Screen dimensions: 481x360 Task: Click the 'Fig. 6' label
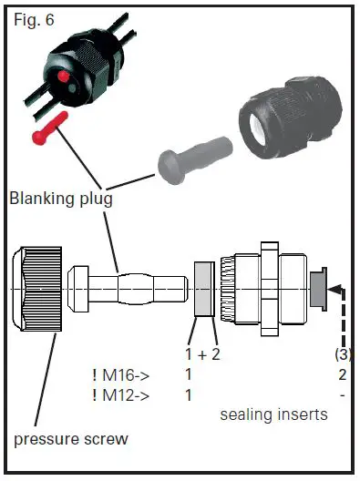[x=33, y=19]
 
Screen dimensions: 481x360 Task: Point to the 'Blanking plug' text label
[x=62, y=198]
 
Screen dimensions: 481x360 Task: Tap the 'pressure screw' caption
[x=70, y=439]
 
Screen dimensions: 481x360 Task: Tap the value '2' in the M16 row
[x=340, y=374]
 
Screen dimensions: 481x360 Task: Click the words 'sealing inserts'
[x=273, y=414]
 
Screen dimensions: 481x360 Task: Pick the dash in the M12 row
[x=341, y=394]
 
